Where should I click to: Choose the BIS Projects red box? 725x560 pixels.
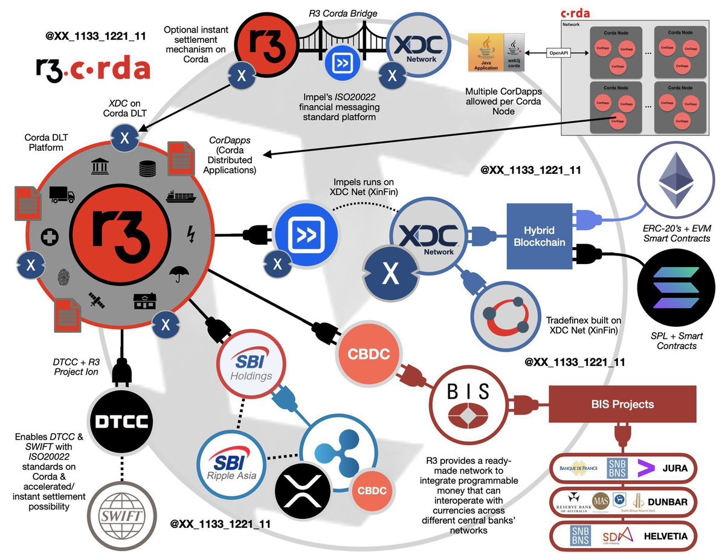[622, 404]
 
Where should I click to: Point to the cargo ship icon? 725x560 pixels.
[181, 198]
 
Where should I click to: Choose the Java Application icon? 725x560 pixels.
[486, 53]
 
